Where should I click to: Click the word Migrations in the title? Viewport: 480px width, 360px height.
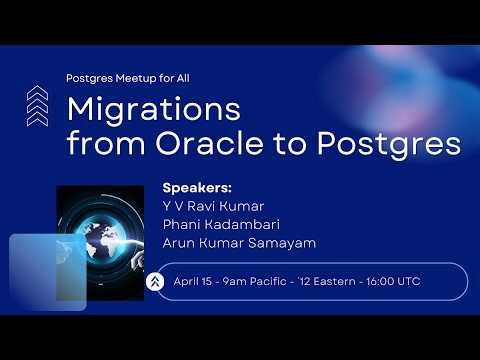coord(153,109)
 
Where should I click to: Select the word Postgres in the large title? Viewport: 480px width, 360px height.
coord(389,143)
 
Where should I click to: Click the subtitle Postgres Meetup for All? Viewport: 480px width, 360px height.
coord(126,77)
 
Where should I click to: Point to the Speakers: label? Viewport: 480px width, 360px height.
coord(196,187)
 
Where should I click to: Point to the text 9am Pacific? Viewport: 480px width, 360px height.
coord(255,282)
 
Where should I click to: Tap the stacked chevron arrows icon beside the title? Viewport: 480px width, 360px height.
coord(37,105)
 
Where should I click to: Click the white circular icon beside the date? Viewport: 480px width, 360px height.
coord(155,282)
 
